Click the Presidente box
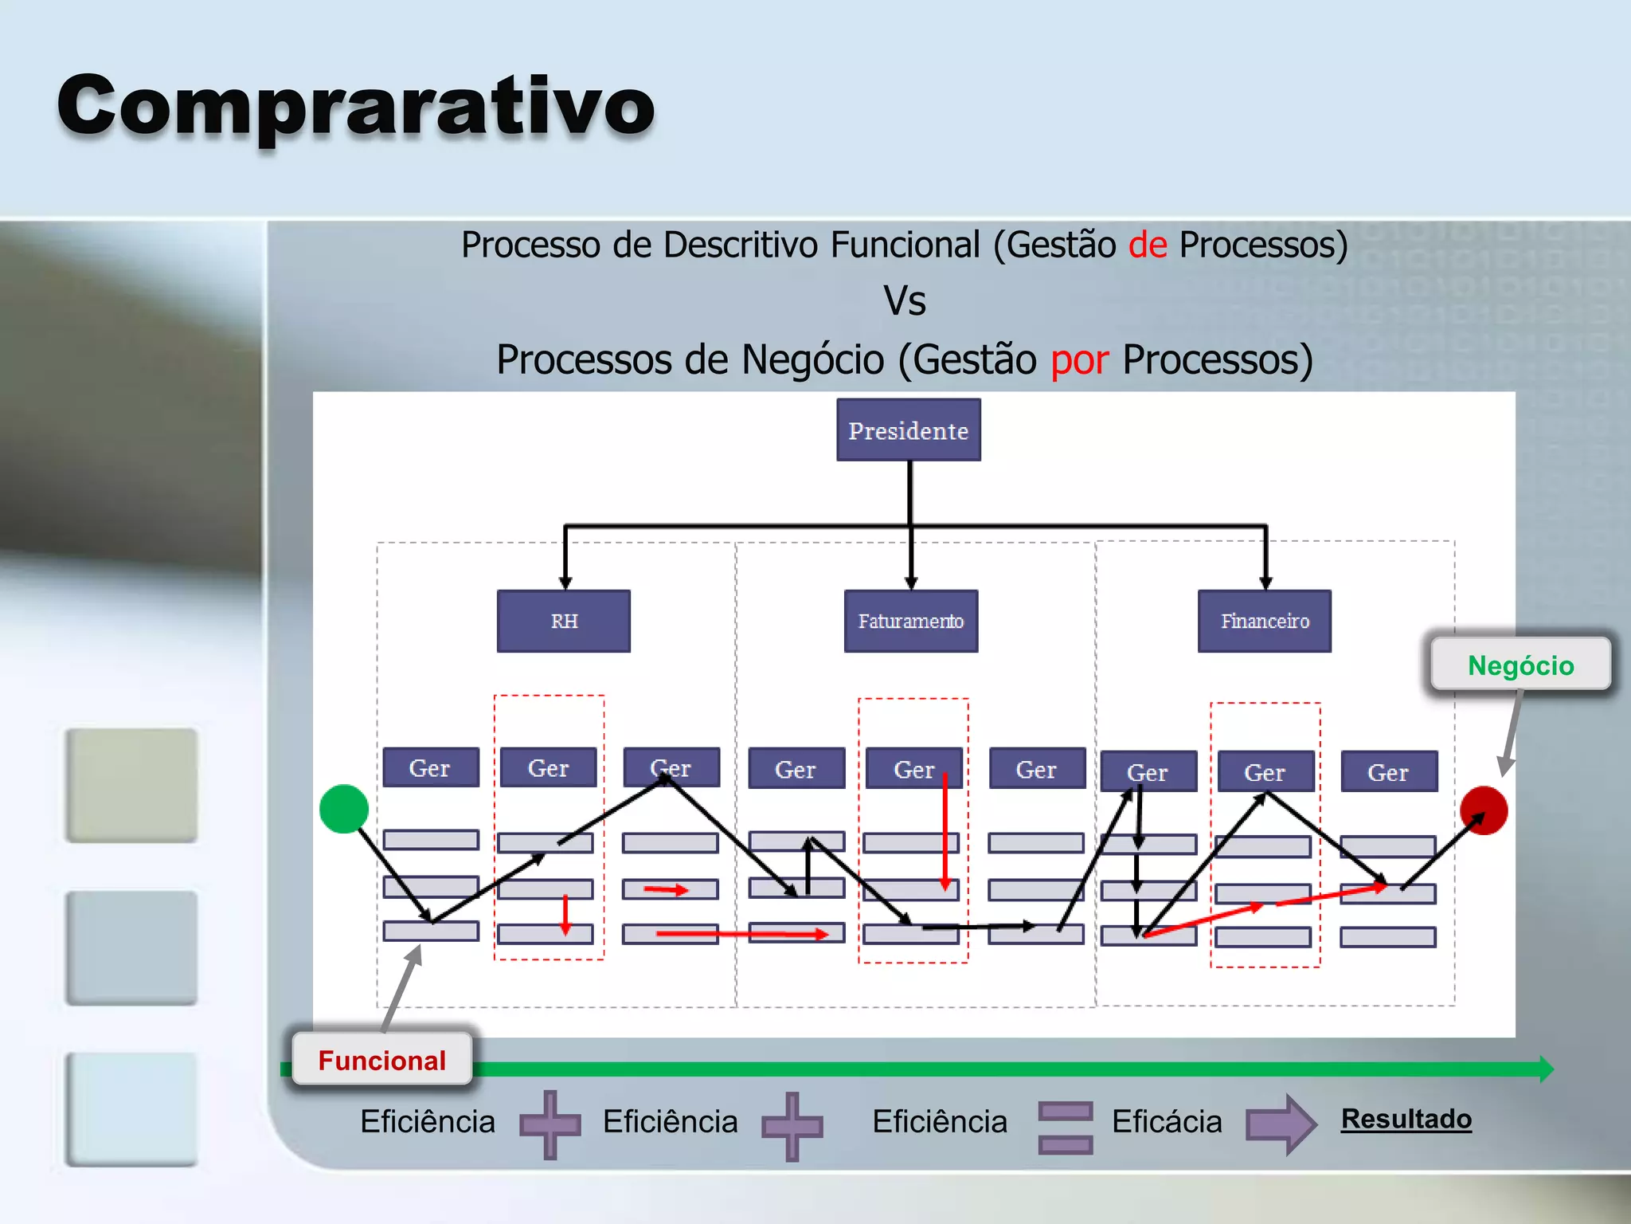pyautogui.click(x=908, y=430)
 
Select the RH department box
pyautogui.click(x=564, y=621)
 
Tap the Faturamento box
pyautogui.click(x=910, y=621)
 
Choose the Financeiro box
pyautogui.click(x=1265, y=621)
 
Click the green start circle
pyautogui.click(x=344, y=809)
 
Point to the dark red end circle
pyautogui.click(x=1484, y=810)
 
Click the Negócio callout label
pyautogui.click(x=1520, y=665)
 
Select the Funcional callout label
pyautogui.click(x=382, y=1060)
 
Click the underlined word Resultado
pyautogui.click(x=1406, y=1119)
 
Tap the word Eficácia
pyautogui.click(x=1167, y=1122)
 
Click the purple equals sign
pyautogui.click(x=1066, y=1127)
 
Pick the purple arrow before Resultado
pyautogui.click(x=1281, y=1124)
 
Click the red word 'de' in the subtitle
pyautogui.click(x=1148, y=245)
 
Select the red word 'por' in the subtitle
pyautogui.click(x=1079, y=359)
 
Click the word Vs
pyautogui.click(x=905, y=301)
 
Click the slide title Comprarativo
pyautogui.click(x=356, y=105)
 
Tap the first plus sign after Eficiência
pyautogui.click(x=550, y=1124)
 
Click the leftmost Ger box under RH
pyautogui.click(x=431, y=767)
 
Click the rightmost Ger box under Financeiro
pyautogui.click(x=1389, y=771)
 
